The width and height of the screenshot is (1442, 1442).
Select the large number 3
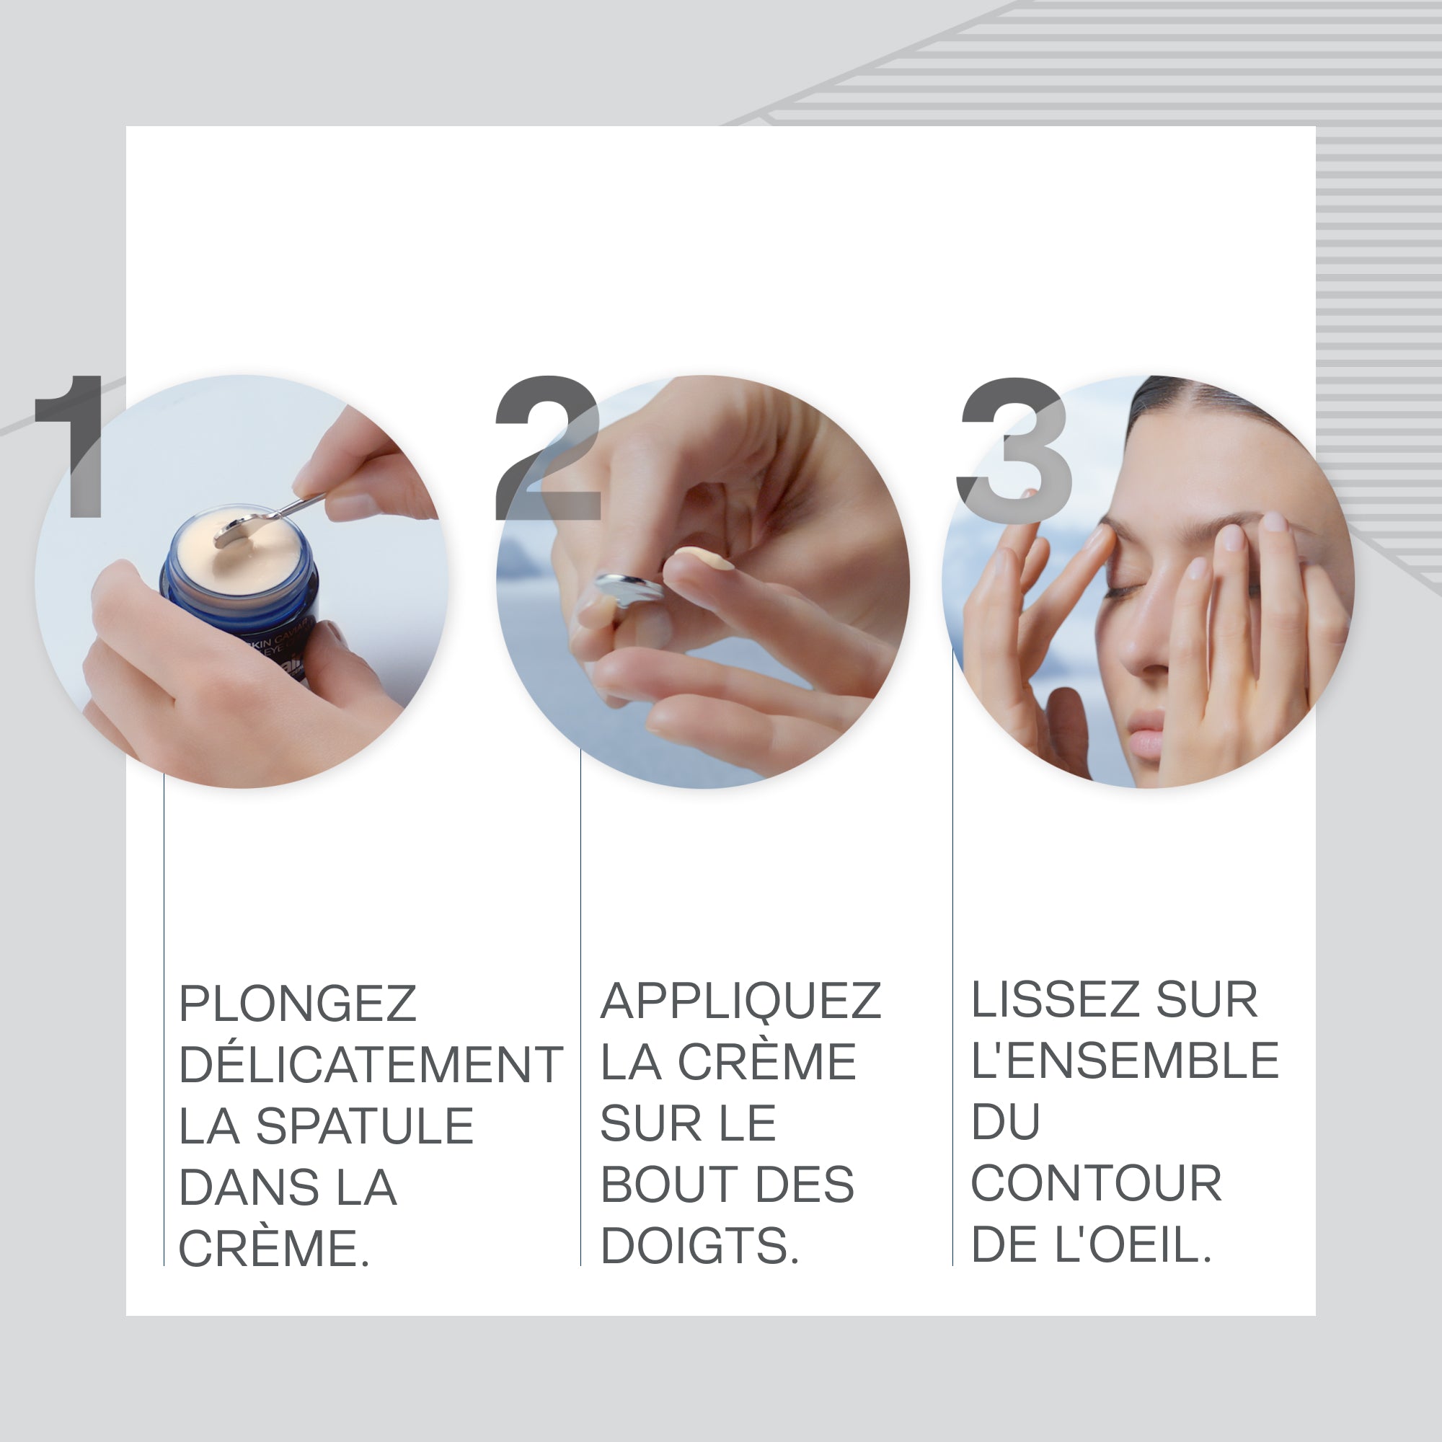coord(1015,450)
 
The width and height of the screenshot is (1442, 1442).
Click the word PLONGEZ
coord(297,1004)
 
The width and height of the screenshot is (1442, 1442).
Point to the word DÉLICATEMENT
coord(371,1065)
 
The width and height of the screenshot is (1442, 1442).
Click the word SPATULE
coord(365,1126)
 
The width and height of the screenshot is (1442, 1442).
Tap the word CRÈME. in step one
coord(274,1249)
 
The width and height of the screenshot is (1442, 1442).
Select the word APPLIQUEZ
coord(740,1001)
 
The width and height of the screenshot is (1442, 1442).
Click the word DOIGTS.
coord(699,1247)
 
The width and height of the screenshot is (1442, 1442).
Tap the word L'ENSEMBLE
coord(1125,1061)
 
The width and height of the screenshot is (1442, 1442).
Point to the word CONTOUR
coord(1096,1184)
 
